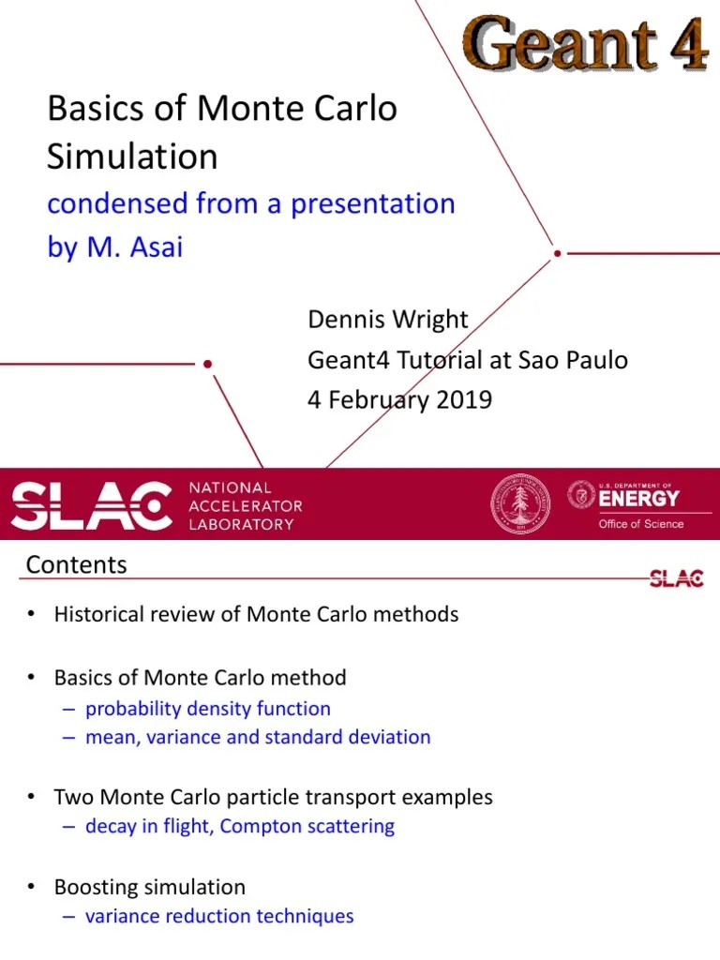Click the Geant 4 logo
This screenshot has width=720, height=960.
click(585, 43)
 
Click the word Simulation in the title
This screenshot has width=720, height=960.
click(132, 156)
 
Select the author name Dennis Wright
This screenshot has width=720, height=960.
click(388, 320)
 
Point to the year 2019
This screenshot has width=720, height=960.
click(463, 399)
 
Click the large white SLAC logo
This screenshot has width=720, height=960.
click(91, 506)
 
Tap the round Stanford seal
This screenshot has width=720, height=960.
click(520, 504)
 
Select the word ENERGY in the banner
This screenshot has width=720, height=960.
click(639, 499)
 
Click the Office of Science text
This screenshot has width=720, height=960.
click(641, 524)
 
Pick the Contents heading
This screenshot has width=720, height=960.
click(76, 565)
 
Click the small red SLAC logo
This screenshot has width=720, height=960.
click(676, 578)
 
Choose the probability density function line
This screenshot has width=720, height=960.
click(207, 709)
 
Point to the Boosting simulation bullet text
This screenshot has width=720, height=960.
click(150, 887)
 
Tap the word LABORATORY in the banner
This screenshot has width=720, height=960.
click(242, 524)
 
